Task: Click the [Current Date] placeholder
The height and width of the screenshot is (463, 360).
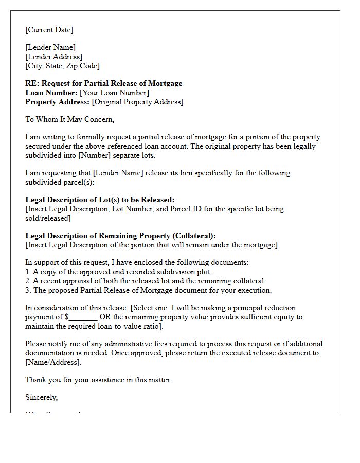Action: pos(49,30)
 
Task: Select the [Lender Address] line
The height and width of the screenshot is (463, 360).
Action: pos(53,57)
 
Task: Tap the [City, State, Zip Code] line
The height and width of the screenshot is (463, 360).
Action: pos(62,66)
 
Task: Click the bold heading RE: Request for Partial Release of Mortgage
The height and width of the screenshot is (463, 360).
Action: pos(103,83)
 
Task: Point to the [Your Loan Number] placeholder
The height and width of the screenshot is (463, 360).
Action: pos(114,93)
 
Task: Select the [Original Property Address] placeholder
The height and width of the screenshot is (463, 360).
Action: pos(137,102)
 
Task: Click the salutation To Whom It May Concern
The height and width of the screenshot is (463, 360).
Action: pos(69,119)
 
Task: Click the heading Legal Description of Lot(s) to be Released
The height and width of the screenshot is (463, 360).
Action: pos(100,200)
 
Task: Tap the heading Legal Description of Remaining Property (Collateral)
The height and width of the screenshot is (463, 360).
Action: pos(120,236)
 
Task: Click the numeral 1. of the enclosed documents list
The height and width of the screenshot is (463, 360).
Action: pos(28,272)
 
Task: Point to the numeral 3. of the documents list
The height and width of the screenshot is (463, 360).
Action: pos(28,290)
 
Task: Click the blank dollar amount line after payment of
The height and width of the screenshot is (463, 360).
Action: pos(83,317)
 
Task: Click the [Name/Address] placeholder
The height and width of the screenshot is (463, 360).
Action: pos(53,362)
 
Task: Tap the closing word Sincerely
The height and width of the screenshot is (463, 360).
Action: pos(41,397)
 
